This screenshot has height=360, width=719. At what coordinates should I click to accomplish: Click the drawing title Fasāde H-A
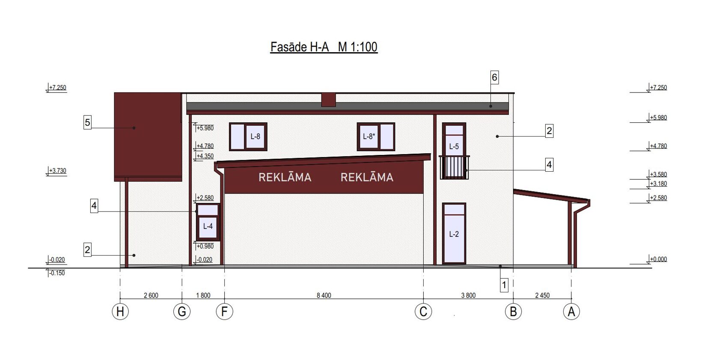tap(300, 47)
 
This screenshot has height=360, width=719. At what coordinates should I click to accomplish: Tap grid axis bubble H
tap(120, 312)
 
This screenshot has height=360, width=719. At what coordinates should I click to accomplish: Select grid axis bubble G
tap(182, 312)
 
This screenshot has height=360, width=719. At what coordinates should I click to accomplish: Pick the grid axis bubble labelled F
tap(224, 312)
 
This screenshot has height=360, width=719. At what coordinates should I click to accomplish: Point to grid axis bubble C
tap(423, 312)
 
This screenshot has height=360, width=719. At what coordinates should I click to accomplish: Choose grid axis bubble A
tap(571, 312)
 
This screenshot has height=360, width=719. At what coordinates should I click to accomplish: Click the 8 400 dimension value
tap(324, 295)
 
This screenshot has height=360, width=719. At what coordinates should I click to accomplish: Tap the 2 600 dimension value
tap(151, 295)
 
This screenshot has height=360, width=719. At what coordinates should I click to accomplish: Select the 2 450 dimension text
tap(543, 295)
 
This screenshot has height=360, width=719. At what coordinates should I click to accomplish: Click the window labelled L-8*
tap(376, 137)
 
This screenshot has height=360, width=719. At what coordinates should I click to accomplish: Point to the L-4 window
tap(208, 222)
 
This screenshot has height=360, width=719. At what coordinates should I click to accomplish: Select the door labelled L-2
tap(454, 233)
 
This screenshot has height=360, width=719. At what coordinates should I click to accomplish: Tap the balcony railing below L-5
tap(454, 167)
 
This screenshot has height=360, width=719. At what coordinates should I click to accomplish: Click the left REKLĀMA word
tap(285, 177)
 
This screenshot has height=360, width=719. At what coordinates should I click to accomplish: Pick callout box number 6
tap(495, 77)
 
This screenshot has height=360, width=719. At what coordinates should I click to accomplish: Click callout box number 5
tap(87, 123)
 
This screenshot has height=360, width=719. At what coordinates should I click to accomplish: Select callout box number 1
tap(504, 285)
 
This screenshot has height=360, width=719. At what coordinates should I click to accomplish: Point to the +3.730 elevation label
tap(57, 170)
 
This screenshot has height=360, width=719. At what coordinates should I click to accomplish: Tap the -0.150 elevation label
tap(57, 273)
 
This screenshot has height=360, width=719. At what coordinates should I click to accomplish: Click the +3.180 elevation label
tap(658, 184)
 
